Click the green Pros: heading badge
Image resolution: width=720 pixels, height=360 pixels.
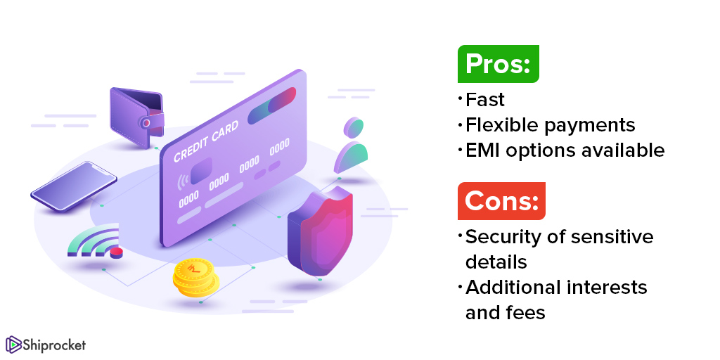[x=499, y=64]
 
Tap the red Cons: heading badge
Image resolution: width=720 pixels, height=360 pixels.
[x=501, y=201]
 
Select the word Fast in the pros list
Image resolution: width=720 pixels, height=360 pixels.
[x=485, y=100]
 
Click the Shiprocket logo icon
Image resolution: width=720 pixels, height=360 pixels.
[x=13, y=345]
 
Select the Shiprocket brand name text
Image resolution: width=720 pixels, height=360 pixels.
[x=54, y=345]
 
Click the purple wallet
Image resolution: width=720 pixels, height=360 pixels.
[x=137, y=117]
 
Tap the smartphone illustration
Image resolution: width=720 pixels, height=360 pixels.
[x=73, y=186]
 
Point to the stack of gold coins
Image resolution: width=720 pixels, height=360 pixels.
[x=195, y=277]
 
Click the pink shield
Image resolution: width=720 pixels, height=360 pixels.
[x=320, y=231]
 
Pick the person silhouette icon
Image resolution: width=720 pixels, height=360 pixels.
[x=351, y=145]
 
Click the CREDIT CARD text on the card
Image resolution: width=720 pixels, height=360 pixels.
[x=206, y=141]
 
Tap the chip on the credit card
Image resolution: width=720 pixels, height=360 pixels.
[x=201, y=171]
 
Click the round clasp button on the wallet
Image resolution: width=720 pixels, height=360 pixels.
[x=146, y=123]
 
